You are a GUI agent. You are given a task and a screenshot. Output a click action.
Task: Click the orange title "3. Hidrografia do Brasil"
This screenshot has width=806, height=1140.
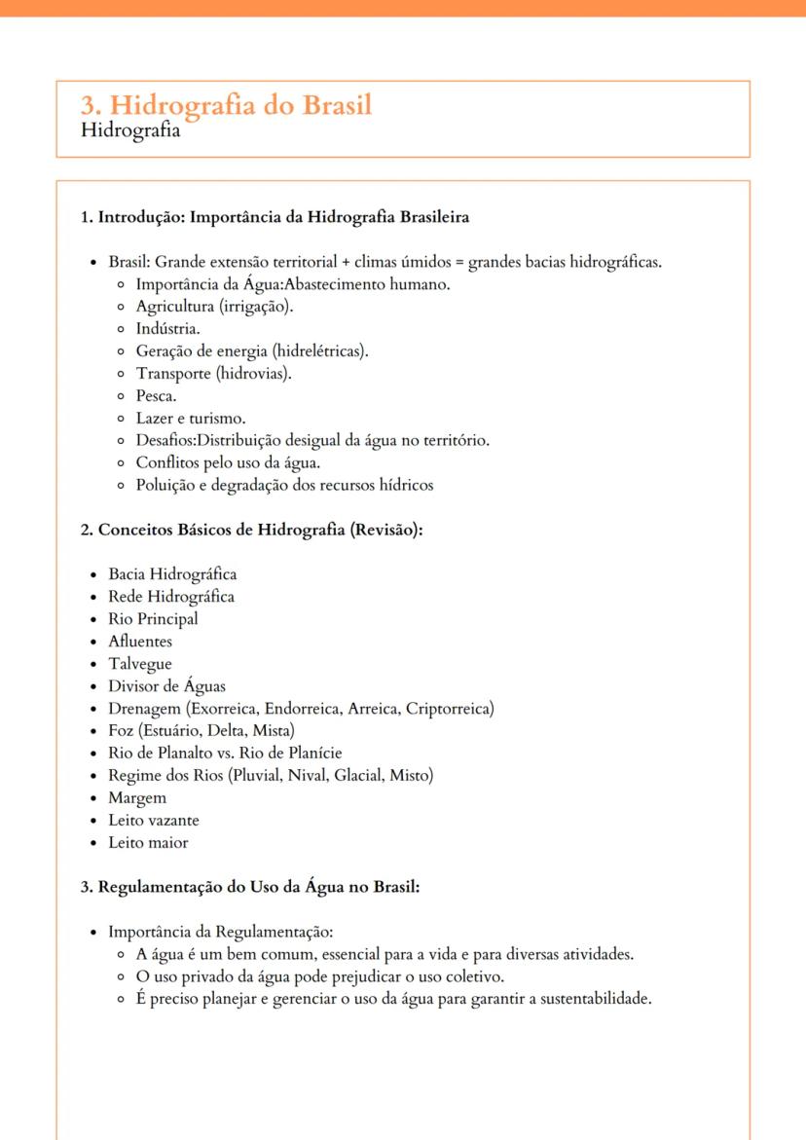click(226, 104)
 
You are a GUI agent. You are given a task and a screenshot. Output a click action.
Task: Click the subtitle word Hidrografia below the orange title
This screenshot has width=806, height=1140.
click(130, 129)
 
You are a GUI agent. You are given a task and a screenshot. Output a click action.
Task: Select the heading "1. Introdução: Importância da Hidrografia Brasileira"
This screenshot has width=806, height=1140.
click(275, 217)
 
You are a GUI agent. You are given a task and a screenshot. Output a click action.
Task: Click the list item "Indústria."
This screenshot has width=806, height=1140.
click(167, 328)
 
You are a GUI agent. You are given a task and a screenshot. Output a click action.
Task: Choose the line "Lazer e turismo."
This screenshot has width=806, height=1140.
click(190, 418)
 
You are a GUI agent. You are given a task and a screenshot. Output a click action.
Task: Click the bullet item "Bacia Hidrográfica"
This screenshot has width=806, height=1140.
click(172, 574)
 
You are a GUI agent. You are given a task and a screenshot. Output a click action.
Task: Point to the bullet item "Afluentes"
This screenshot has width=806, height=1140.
click(140, 642)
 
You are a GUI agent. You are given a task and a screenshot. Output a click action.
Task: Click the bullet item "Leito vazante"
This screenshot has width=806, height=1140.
click(154, 820)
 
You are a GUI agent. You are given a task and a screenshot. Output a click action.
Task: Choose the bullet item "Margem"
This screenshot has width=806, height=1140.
click(137, 797)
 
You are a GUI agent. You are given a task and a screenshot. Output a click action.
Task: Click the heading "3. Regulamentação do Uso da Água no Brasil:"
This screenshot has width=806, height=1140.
click(249, 887)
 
